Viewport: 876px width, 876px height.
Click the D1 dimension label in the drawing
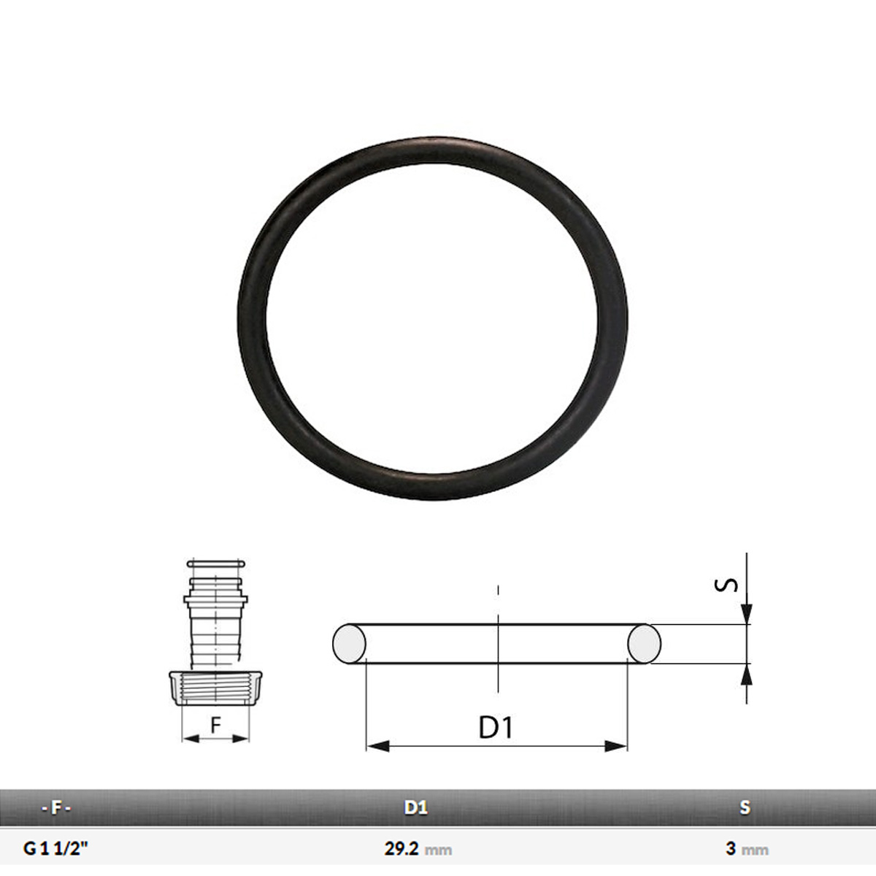pos(496,727)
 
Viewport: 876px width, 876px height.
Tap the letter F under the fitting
pos(215,726)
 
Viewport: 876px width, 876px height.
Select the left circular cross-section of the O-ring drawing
pos(349,644)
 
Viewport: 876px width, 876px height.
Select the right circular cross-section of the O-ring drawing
pos(645,644)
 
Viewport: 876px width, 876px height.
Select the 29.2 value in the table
pos(401,849)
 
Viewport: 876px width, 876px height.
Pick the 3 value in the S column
pos(731,849)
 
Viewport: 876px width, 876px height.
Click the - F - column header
pos(56,807)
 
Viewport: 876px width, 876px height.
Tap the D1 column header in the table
pos(416,807)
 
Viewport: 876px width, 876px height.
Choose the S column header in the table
pos(745,807)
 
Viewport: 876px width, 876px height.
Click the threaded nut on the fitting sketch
pos(215,689)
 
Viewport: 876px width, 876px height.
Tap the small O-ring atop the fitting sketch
pos(215,564)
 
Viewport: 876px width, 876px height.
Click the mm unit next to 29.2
pos(439,850)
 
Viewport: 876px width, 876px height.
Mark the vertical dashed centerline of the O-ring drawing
pos(498,642)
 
